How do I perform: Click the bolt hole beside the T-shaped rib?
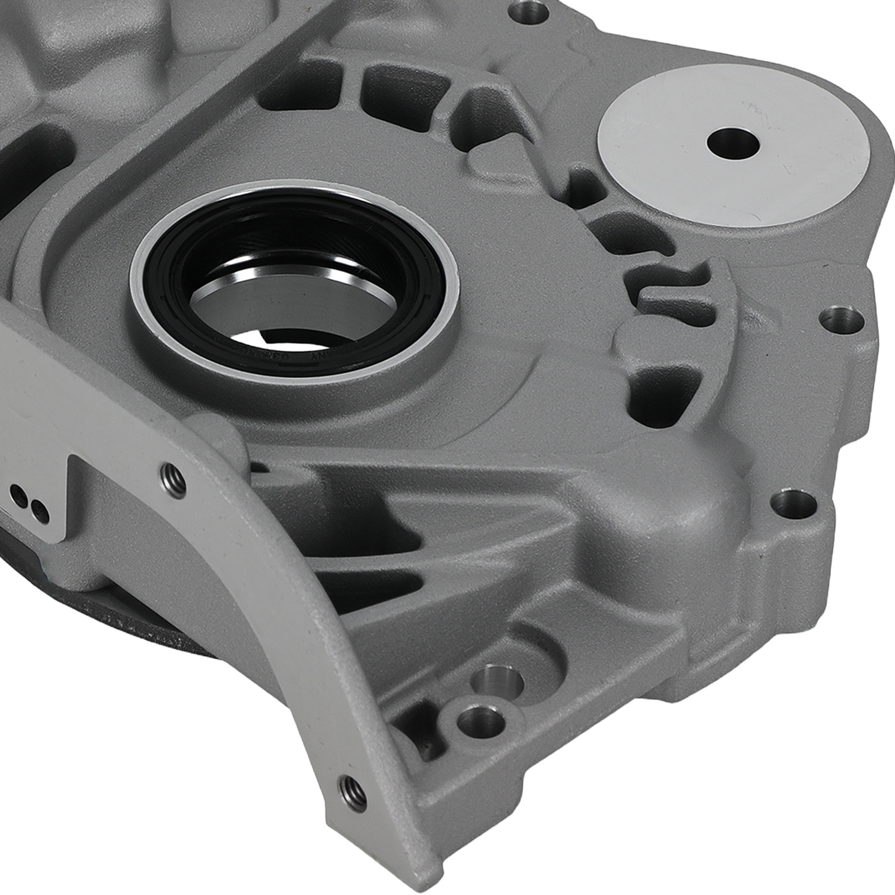click(x=841, y=319)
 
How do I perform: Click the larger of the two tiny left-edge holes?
click(x=21, y=495)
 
